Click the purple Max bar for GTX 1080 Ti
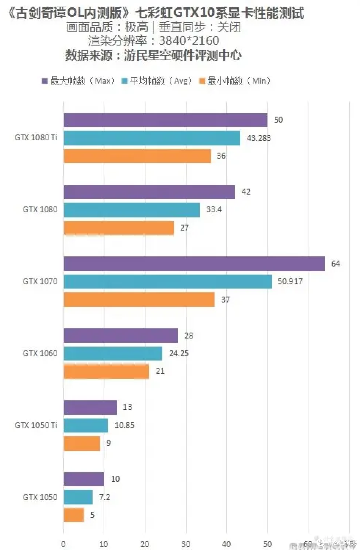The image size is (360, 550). point(165,120)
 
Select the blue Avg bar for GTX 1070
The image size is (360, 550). point(168,281)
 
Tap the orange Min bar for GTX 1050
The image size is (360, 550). point(74,515)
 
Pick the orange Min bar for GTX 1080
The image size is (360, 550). point(119,228)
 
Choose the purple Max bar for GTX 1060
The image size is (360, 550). point(121,335)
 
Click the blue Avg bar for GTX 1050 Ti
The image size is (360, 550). point(86,425)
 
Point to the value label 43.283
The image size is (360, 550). point(259,138)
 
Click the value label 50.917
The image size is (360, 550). point(290,281)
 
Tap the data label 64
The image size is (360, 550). point(335,264)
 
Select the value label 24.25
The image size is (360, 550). point(179,353)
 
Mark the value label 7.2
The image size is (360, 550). point(104,497)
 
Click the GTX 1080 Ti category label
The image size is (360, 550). point(36,138)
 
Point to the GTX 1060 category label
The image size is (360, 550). point(40,353)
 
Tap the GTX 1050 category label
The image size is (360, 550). point(40,497)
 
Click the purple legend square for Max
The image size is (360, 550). point(45,81)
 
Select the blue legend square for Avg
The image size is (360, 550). point(125,81)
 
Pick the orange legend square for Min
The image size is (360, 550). point(202,81)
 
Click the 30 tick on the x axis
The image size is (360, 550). point(186,544)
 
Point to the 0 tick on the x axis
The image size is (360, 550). point(63,544)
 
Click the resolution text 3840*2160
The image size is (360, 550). point(189,41)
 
